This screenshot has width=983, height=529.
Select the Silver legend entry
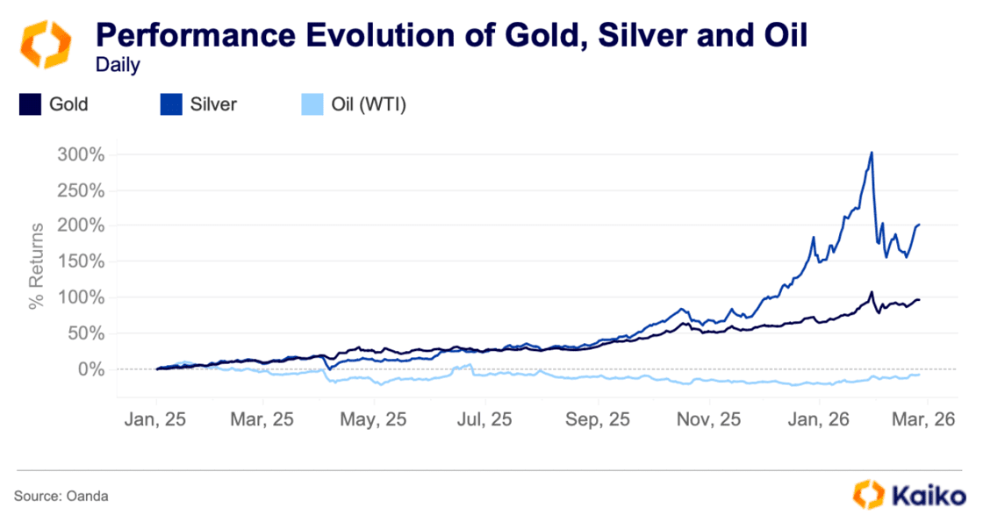(x=198, y=105)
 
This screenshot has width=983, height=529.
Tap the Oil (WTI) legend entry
(x=351, y=105)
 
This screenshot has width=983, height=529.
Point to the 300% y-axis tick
(x=80, y=154)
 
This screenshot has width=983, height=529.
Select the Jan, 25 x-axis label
(x=157, y=419)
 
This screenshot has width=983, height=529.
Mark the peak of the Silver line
(x=872, y=153)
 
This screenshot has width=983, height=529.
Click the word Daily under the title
(x=118, y=66)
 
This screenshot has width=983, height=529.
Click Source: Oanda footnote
(x=61, y=497)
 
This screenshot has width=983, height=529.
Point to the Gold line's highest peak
(x=872, y=292)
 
